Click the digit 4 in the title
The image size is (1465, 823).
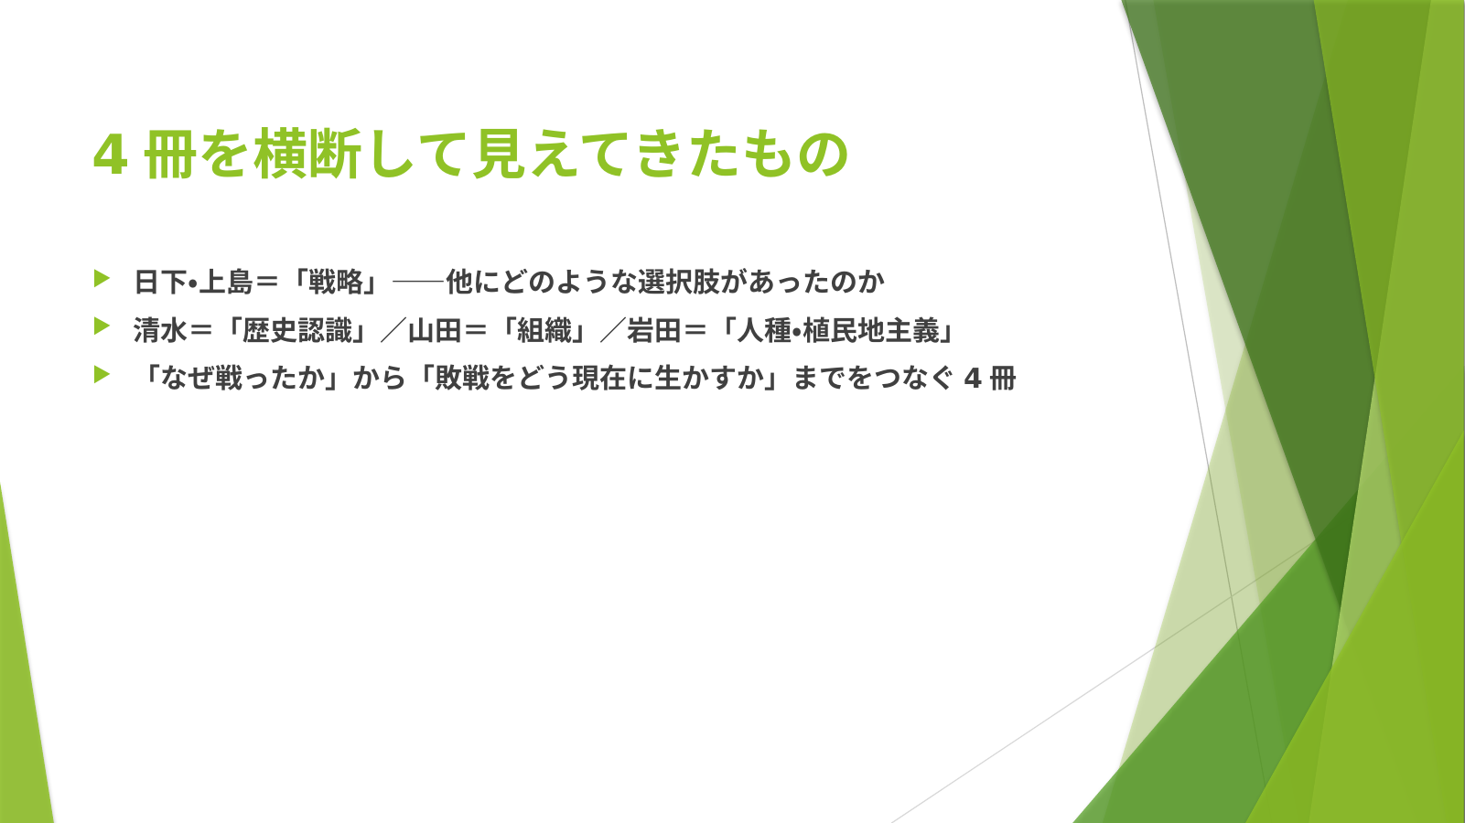(110, 155)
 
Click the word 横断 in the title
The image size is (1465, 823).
(308, 155)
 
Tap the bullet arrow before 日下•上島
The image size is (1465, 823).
(102, 279)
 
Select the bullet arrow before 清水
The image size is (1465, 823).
(102, 326)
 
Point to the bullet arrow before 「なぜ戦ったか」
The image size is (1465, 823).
(102, 375)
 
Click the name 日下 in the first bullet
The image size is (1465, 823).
(160, 282)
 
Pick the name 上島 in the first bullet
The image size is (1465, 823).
(226, 282)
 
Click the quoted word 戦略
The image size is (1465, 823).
(336, 282)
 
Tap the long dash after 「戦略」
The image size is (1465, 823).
(418, 283)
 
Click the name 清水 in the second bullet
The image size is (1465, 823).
(160, 330)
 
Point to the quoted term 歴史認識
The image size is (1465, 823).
(296, 330)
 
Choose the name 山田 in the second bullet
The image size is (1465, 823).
(435, 330)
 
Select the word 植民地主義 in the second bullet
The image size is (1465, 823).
(871, 330)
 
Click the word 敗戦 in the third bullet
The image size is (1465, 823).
(462, 379)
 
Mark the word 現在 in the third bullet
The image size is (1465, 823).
(599, 379)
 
